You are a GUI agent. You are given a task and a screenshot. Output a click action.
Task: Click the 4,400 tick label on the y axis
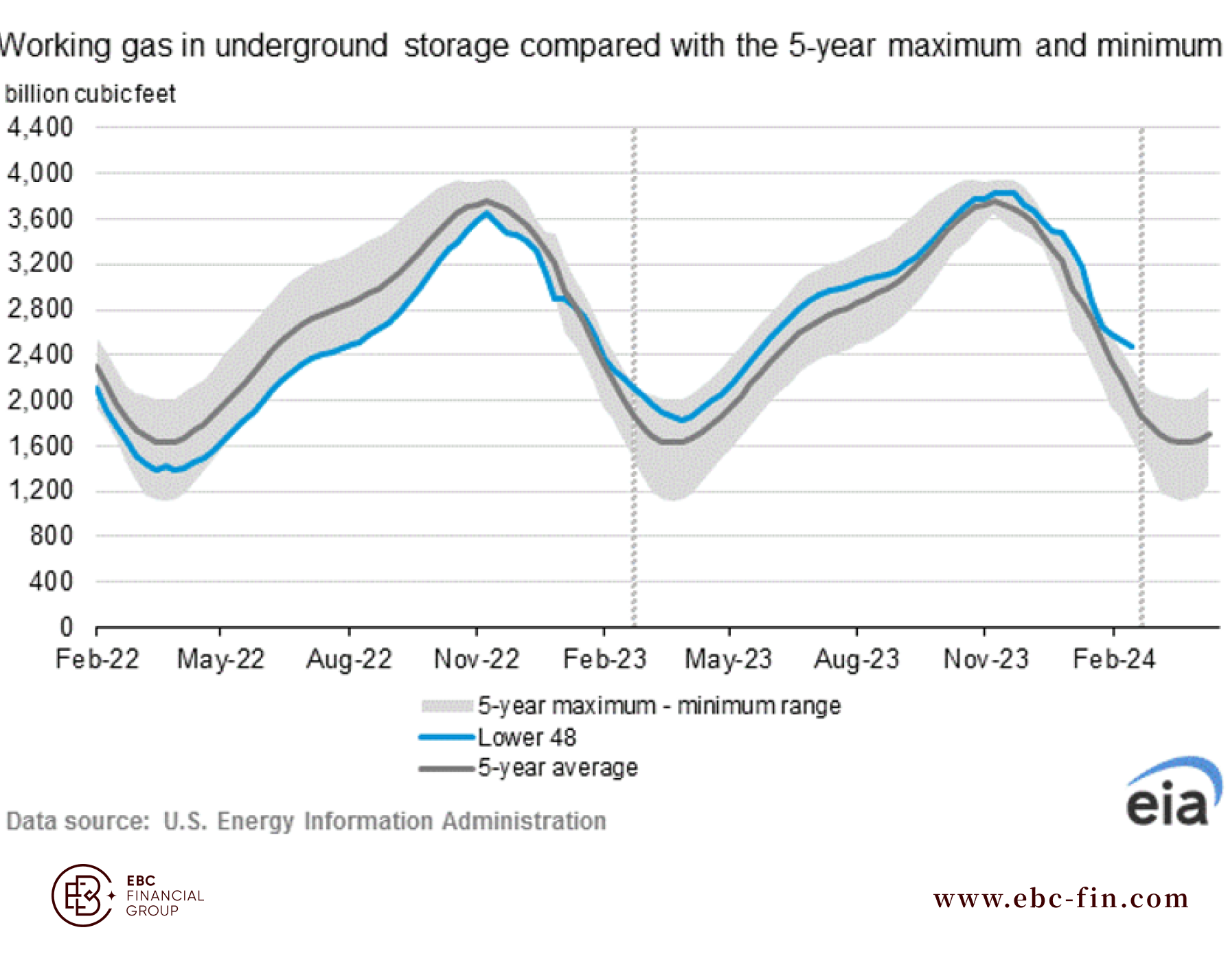pyautogui.click(x=41, y=127)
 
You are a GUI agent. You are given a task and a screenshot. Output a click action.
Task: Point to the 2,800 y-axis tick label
pyautogui.click(x=41, y=309)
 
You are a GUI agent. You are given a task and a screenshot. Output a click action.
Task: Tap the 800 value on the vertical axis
pyautogui.click(x=51, y=535)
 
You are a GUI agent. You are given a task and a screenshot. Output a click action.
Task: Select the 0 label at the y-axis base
pyautogui.click(x=66, y=627)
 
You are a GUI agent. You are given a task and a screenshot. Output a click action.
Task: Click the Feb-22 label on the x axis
pyautogui.click(x=97, y=659)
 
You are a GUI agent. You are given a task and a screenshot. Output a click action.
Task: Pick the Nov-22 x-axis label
pyautogui.click(x=477, y=659)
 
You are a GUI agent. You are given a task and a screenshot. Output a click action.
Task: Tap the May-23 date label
pyautogui.click(x=729, y=659)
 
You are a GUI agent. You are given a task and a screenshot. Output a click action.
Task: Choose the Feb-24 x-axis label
pyautogui.click(x=1114, y=659)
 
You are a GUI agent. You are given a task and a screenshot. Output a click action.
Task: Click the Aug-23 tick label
pyautogui.click(x=856, y=659)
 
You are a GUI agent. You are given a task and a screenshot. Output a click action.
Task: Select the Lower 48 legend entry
pyautogui.click(x=527, y=737)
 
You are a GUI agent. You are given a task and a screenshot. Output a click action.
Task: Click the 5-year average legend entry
pyautogui.click(x=558, y=768)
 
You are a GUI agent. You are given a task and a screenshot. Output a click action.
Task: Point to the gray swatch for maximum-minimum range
pyautogui.click(x=447, y=706)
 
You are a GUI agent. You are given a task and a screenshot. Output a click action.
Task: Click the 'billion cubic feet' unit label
pyautogui.click(x=90, y=94)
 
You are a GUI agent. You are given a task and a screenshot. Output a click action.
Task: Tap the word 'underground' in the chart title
pyautogui.click(x=301, y=46)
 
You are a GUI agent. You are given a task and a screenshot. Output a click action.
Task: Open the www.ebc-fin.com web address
pyautogui.click(x=1061, y=898)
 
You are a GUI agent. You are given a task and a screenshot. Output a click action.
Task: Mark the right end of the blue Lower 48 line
pyautogui.click(x=1132, y=347)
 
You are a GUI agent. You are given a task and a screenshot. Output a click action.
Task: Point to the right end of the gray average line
pyautogui.click(x=1209, y=434)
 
